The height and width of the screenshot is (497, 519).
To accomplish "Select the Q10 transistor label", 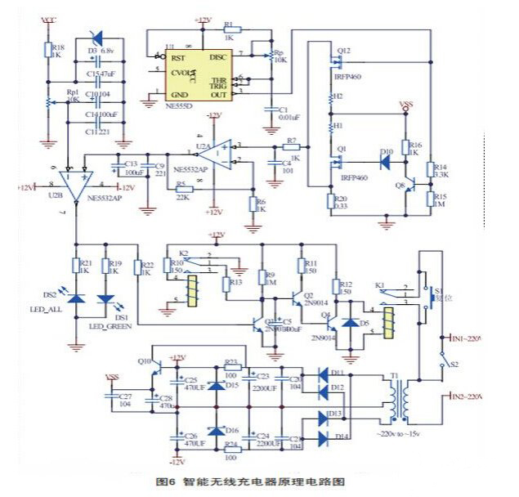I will tap(144, 360).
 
